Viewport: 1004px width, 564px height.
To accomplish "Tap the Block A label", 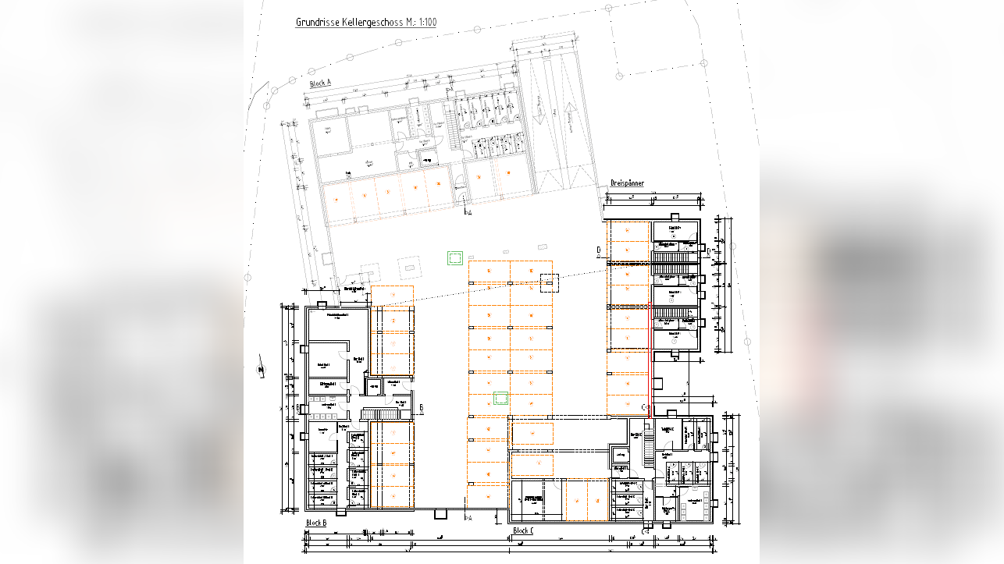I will tap(320, 83).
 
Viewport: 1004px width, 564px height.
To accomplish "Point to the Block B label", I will tap(315, 523).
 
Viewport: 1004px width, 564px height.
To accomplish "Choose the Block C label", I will tap(523, 531).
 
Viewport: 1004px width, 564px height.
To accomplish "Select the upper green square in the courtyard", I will tap(454, 257).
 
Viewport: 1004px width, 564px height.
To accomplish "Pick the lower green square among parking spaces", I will tap(500, 399).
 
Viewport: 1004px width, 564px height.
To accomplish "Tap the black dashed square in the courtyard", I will tap(550, 282).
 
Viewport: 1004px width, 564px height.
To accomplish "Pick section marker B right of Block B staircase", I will tap(421, 407).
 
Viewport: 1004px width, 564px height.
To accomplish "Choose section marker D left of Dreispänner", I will tap(598, 250).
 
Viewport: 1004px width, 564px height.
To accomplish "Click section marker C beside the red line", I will tap(645, 406).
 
